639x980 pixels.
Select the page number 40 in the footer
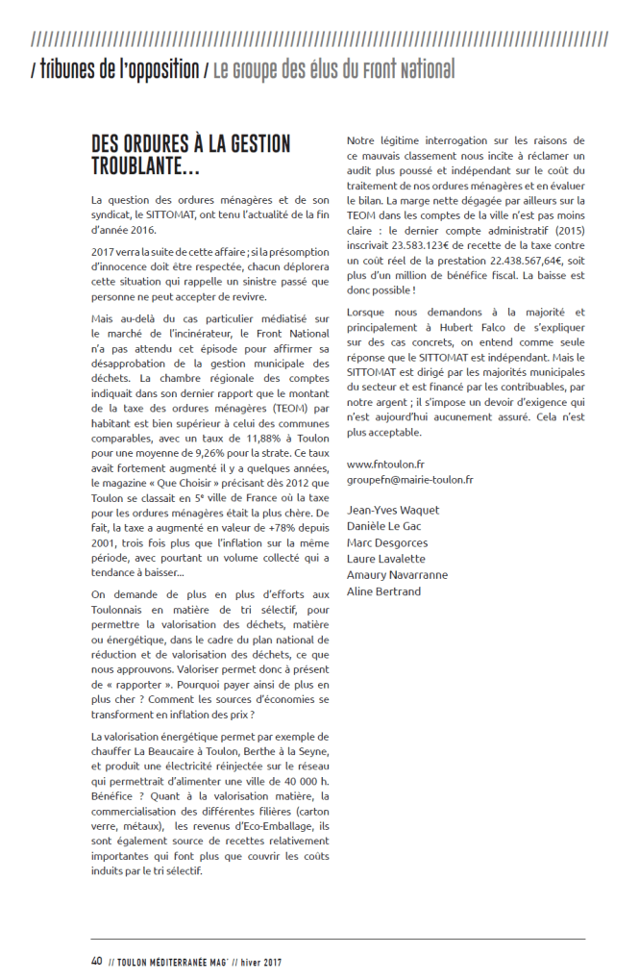97,961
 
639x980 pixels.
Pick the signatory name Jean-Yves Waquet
393,512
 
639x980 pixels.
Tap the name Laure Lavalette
386,559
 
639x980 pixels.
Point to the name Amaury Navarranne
397,575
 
